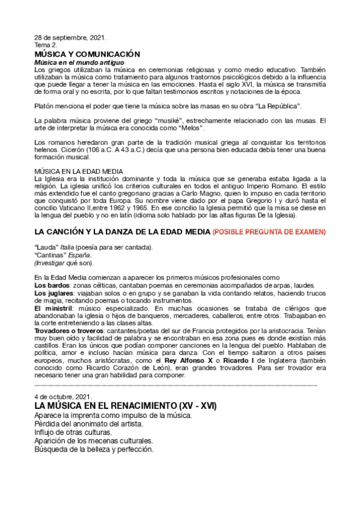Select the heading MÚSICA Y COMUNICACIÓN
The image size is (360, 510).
point(87,54)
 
